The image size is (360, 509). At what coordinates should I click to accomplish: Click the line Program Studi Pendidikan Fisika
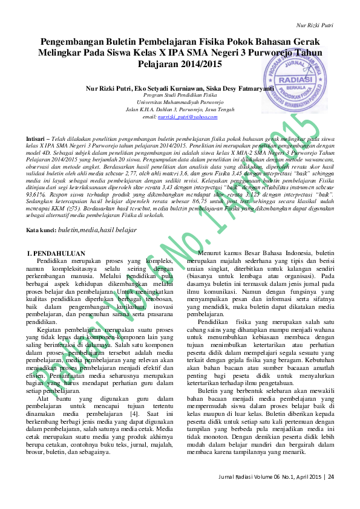(x=176, y=96)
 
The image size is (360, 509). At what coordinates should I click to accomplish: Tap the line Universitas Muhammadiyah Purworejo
(x=176, y=103)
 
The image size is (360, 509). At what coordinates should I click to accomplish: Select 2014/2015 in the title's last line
(x=200, y=64)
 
